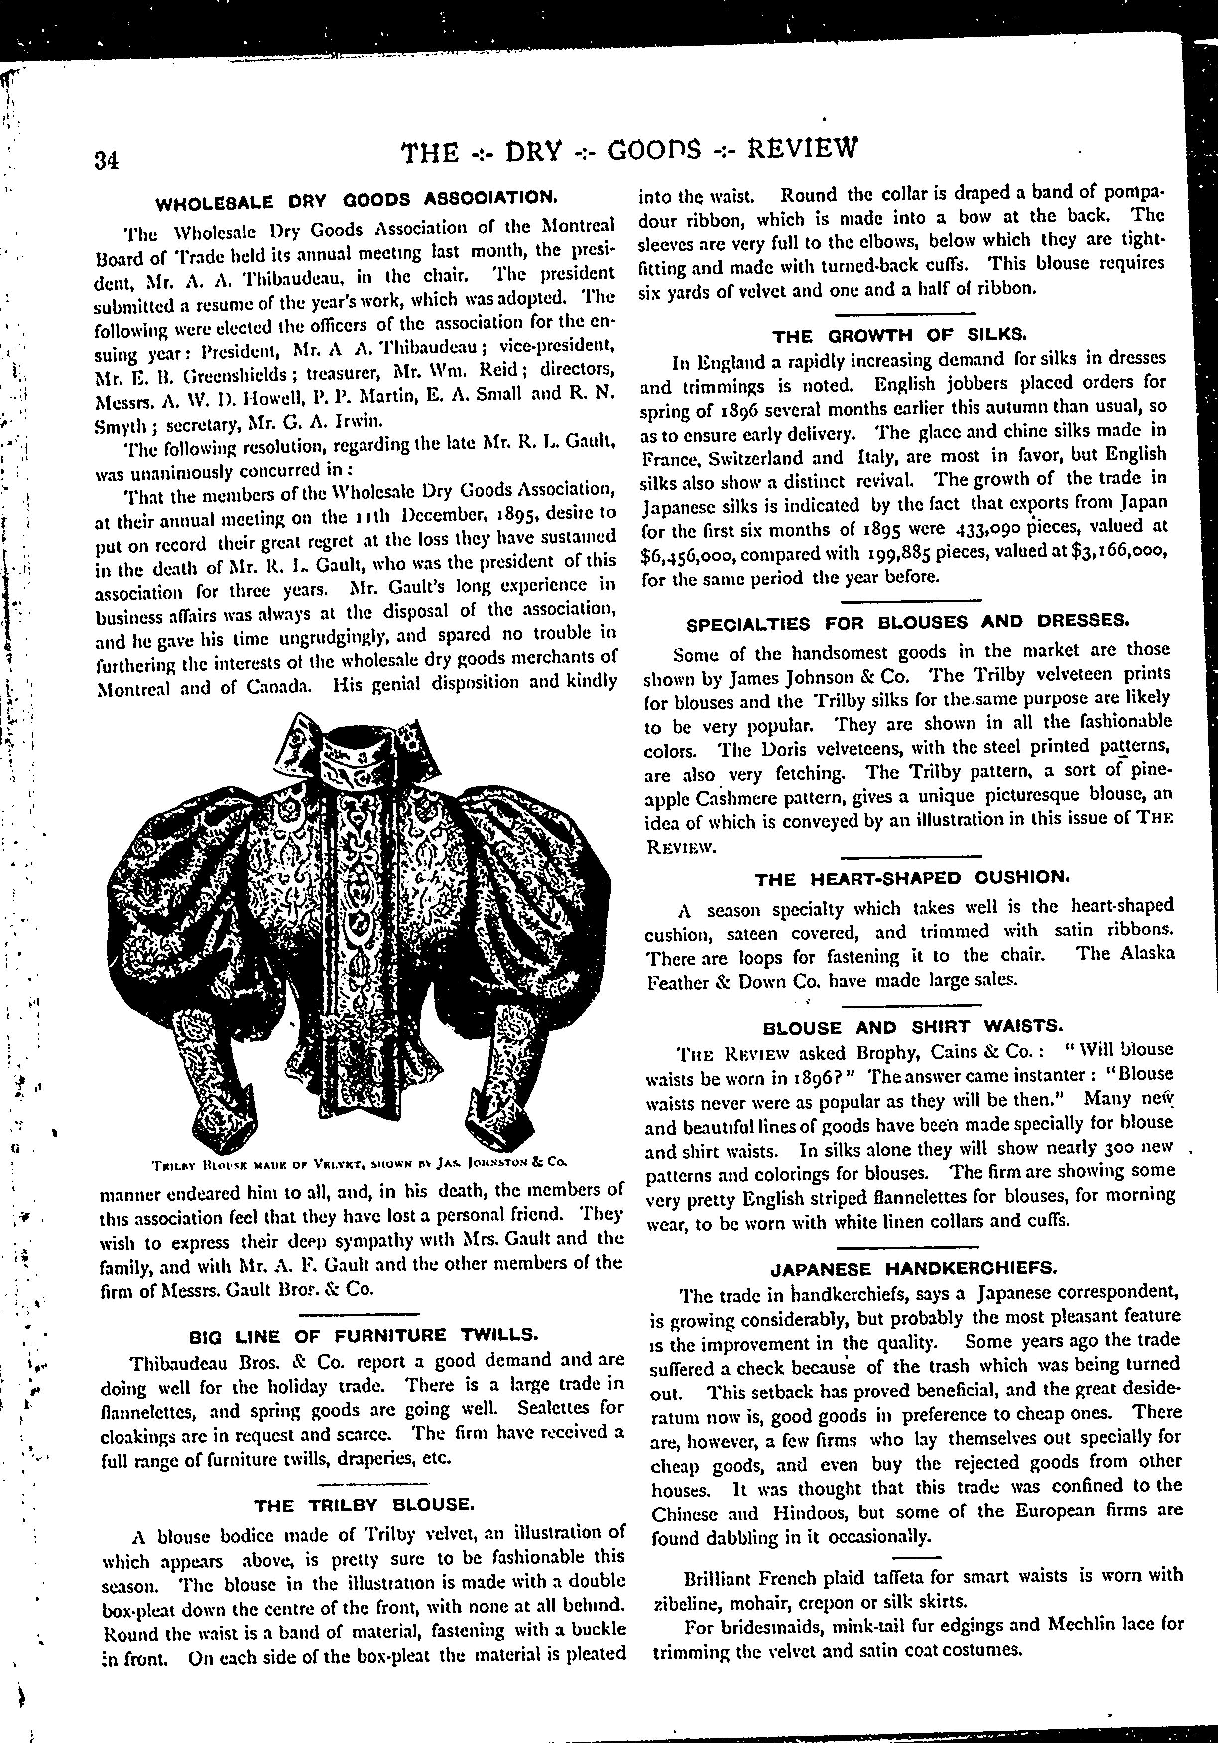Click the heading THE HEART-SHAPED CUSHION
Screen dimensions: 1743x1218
pos(912,879)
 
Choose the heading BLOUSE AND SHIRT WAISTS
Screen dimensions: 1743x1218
pos(912,1027)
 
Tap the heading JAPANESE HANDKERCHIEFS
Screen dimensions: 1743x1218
pos(914,1268)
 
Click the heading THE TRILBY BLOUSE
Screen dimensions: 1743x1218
pos(365,1505)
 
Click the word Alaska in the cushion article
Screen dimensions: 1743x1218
pos(1147,954)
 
